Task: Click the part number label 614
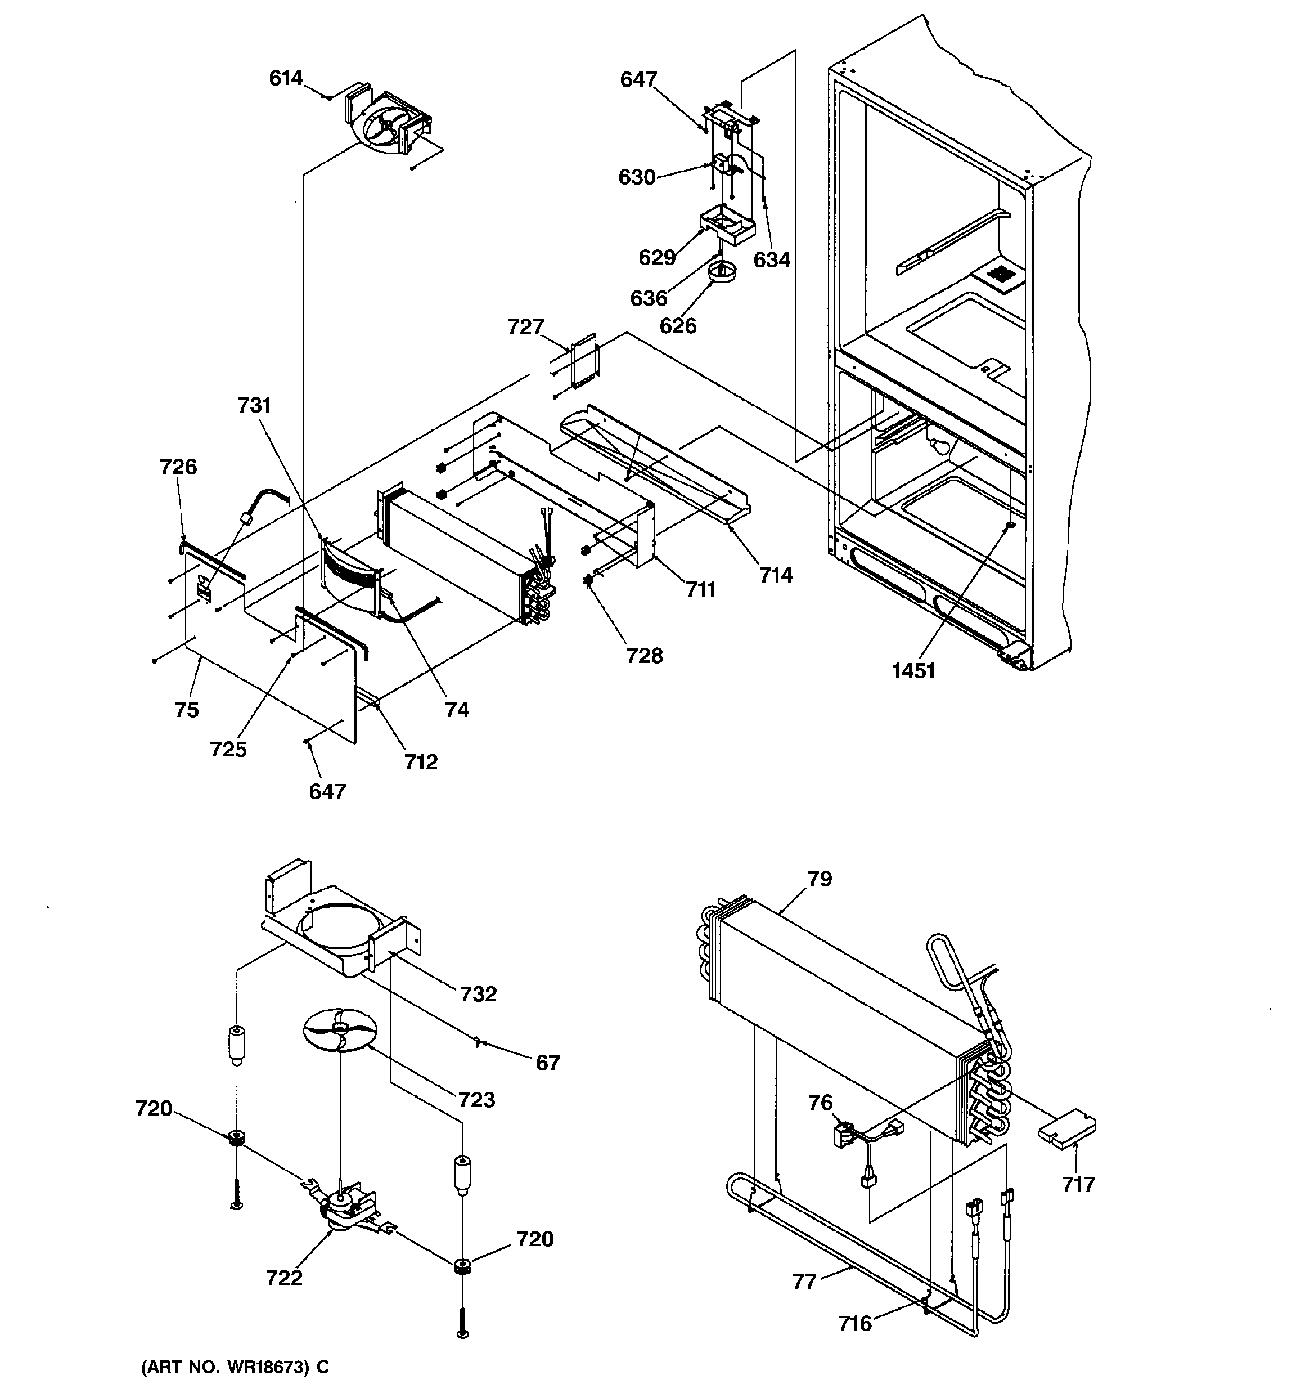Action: click(x=286, y=78)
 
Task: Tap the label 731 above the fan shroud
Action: click(x=254, y=405)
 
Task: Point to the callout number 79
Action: click(x=820, y=879)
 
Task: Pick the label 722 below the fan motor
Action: click(x=285, y=1278)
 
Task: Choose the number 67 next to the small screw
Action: click(x=548, y=1063)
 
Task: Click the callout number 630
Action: click(x=637, y=177)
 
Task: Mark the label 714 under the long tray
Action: click(x=776, y=575)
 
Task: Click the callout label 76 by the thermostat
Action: click(x=820, y=1103)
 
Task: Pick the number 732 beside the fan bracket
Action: click(x=479, y=993)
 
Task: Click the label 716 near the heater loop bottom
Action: click(x=856, y=1324)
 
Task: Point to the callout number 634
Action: click(x=772, y=260)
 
